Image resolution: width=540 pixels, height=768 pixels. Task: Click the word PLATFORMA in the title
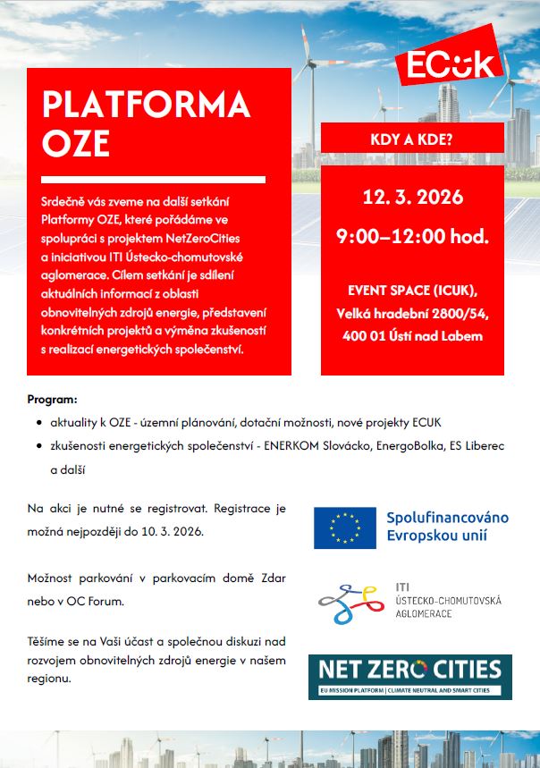146,105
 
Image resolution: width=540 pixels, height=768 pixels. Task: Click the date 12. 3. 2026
412,198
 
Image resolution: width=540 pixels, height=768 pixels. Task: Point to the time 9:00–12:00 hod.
412,237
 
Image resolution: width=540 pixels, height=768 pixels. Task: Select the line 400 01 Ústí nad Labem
412,335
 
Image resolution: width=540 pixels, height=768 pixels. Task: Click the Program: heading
52,397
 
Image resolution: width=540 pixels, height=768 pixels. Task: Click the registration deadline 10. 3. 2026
173,531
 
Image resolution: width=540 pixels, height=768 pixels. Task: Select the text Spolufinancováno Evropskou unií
447,527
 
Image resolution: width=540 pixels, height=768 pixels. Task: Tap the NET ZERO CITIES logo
410,677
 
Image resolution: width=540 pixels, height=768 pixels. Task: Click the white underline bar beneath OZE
153,180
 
